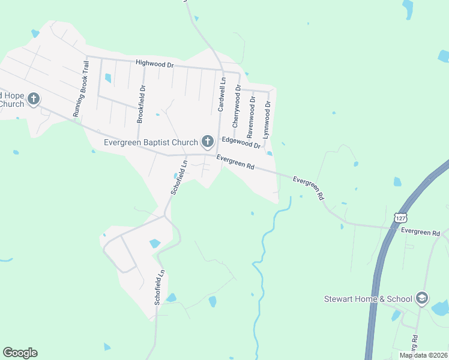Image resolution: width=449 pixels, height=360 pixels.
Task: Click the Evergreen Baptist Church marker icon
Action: [208, 142]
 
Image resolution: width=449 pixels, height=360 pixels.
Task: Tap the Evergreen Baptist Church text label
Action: [151, 143]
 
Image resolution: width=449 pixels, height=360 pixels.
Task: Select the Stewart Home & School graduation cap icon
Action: [422, 298]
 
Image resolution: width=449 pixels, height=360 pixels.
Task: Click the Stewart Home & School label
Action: [368, 299]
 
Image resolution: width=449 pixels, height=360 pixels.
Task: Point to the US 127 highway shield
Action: [401, 217]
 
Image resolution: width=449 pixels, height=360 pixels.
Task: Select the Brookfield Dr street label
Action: [142, 104]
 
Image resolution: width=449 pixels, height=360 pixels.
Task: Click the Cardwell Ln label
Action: [221, 94]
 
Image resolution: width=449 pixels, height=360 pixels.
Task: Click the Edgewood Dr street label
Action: [241, 142]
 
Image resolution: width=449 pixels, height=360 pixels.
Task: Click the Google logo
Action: [20, 353]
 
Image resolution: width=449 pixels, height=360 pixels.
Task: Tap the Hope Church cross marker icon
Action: [34, 98]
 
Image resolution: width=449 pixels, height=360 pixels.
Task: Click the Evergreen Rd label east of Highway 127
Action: [421, 232]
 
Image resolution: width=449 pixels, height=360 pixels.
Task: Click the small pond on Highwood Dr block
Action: [108, 78]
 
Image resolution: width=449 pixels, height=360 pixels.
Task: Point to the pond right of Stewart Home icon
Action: [441, 308]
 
